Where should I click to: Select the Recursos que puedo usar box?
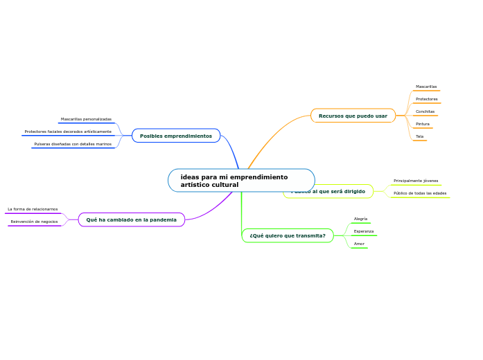353,116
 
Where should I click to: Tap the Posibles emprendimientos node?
176,136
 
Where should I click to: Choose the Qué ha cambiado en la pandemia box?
132,219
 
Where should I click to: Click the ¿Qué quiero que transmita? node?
288,235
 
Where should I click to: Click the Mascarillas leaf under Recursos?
426,87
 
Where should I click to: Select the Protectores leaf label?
426,99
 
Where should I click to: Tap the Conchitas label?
425,111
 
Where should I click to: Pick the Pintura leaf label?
423,124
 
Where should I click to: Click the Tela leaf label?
419,136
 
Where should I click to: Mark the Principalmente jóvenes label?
416,181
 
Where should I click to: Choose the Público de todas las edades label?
420,193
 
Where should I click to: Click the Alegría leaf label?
360,219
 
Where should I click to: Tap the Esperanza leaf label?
364,231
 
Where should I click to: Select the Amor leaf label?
359,244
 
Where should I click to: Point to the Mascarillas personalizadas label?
86,119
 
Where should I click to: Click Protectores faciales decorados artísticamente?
68,132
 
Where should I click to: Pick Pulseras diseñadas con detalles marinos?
73,144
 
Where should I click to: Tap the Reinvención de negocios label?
34,222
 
